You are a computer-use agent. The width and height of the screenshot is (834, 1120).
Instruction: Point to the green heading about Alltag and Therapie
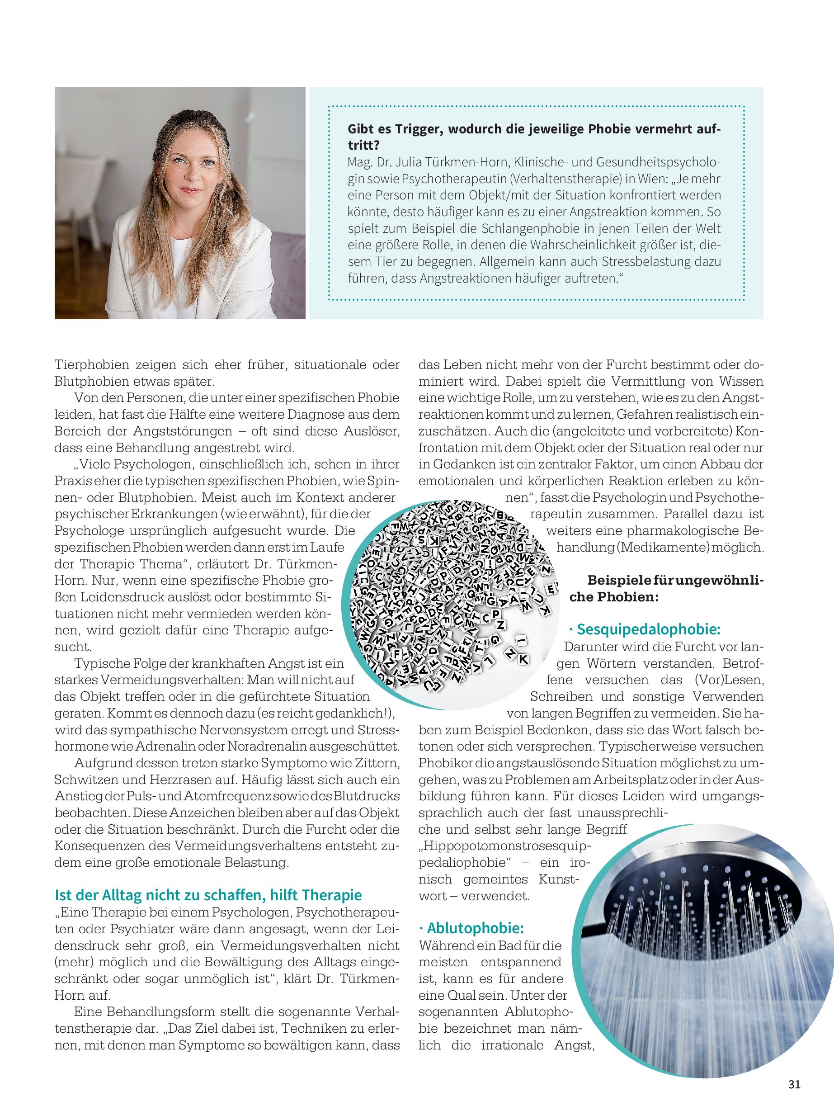click(208, 895)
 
